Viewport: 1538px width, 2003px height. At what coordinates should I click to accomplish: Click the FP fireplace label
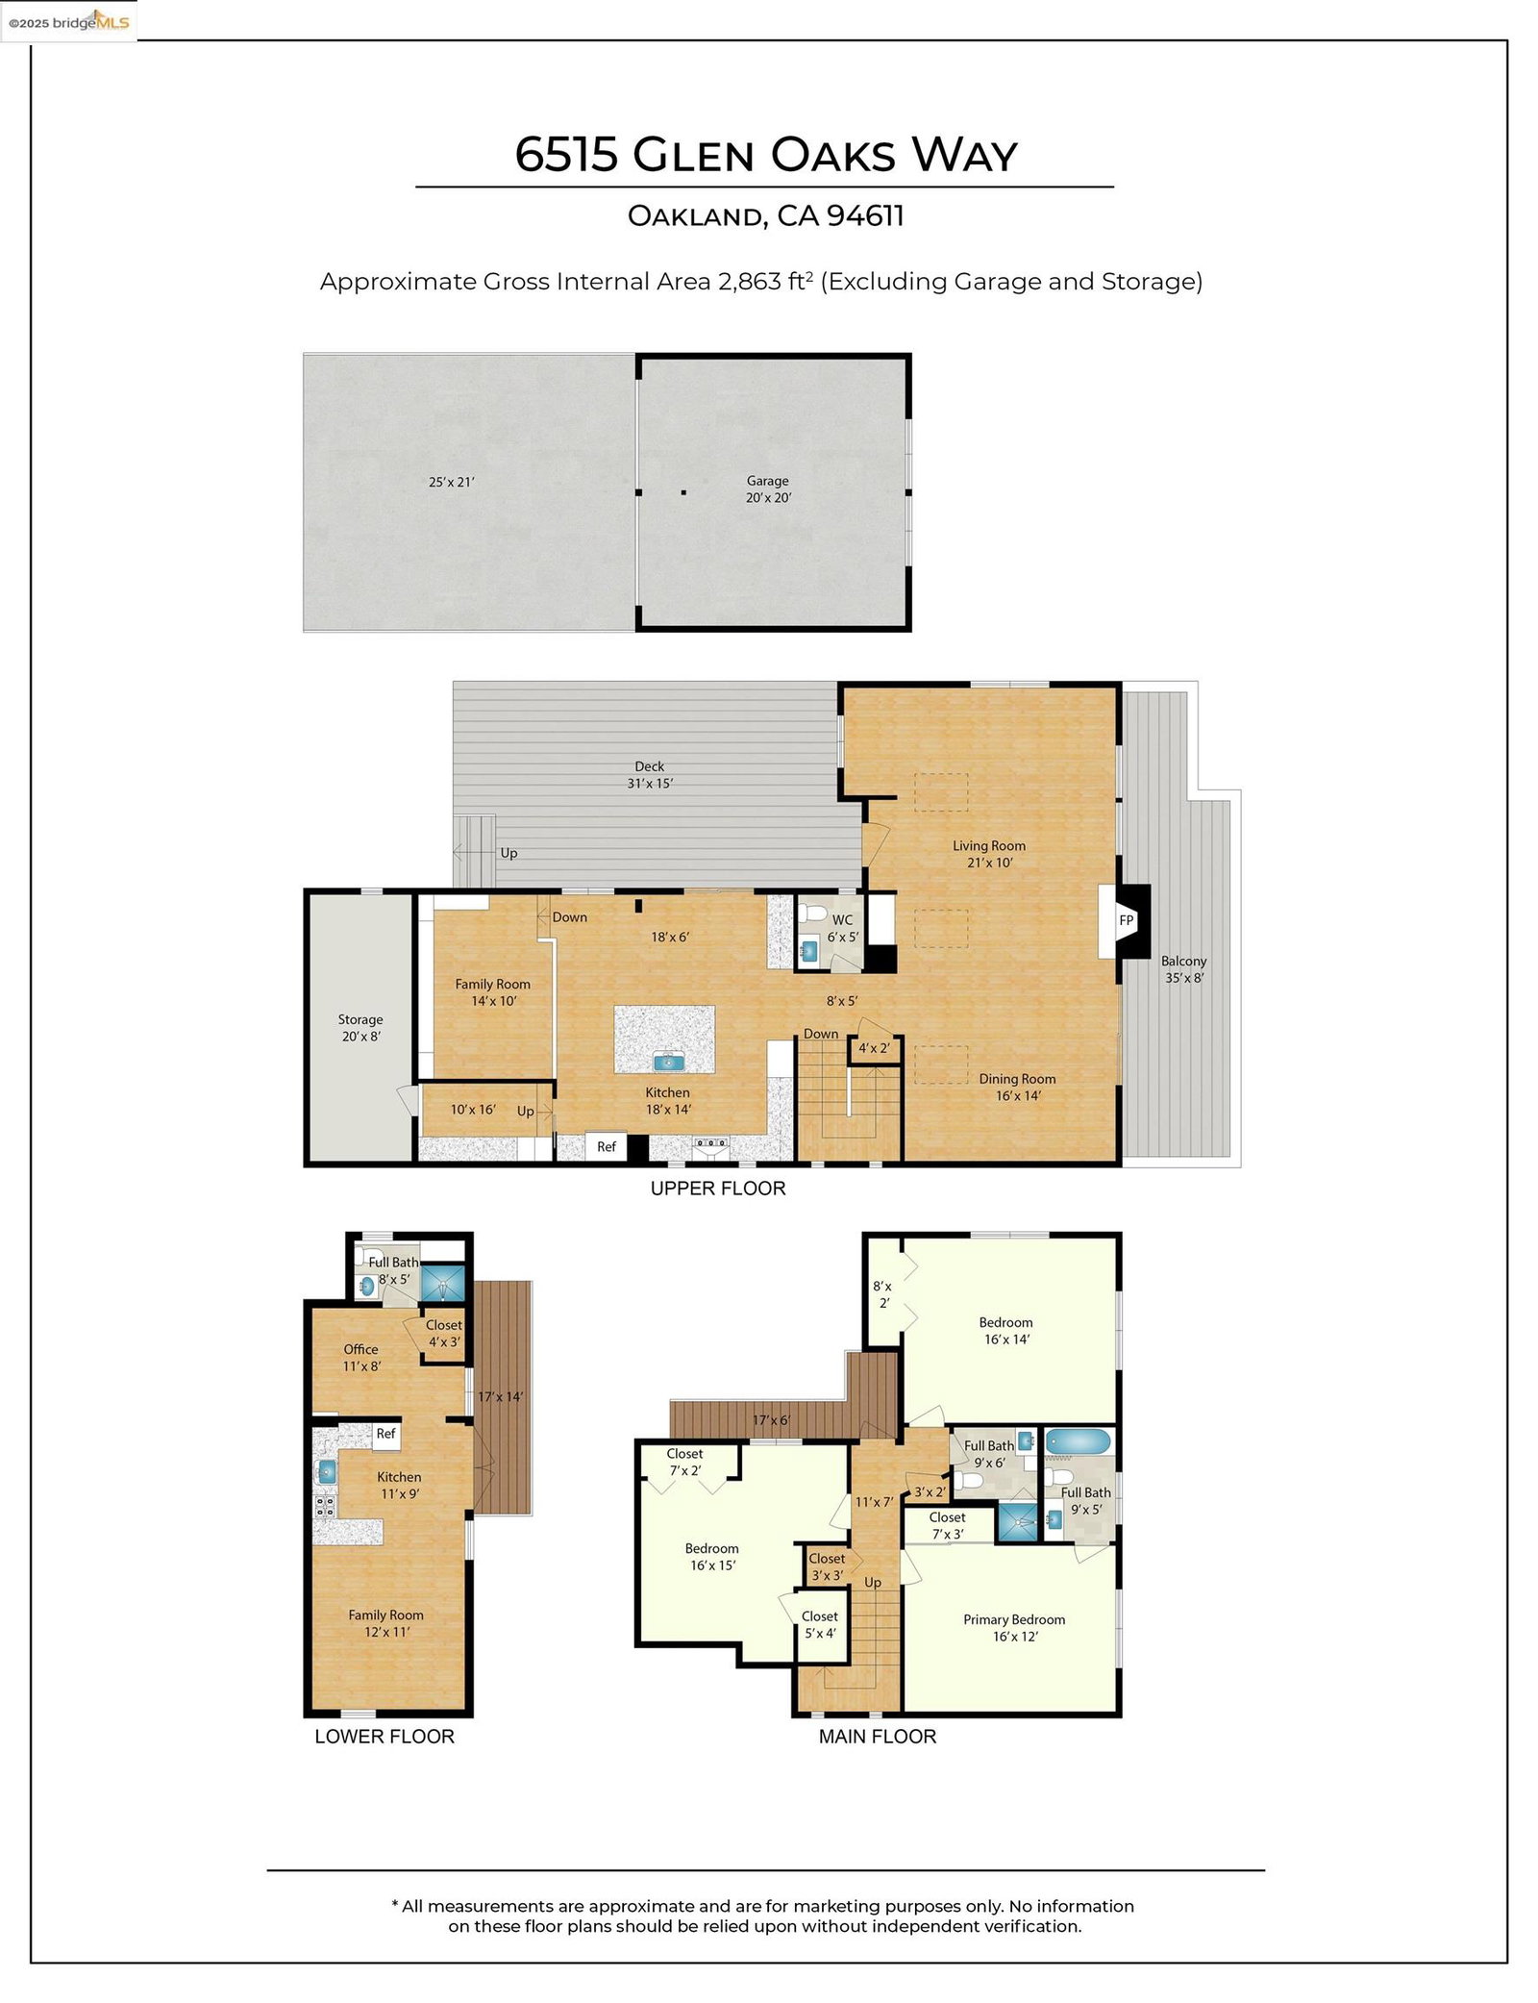[1126, 920]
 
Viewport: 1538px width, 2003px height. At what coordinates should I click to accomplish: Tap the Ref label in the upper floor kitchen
[606, 1146]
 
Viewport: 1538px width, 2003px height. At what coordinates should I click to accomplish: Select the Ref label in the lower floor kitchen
[385, 1433]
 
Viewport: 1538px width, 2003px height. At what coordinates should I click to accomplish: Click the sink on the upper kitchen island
[665, 1062]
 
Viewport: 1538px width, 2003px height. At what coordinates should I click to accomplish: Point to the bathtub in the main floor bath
[1078, 1440]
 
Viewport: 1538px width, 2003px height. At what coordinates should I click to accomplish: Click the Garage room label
[767, 481]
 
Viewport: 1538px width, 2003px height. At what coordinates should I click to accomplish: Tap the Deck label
[649, 766]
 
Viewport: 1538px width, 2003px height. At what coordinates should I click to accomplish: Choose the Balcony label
[1182, 961]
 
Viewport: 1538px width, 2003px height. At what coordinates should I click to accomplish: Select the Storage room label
[360, 1019]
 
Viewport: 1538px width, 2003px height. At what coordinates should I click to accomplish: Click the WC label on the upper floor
[842, 919]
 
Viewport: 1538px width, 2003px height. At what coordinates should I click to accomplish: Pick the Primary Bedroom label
[1013, 1619]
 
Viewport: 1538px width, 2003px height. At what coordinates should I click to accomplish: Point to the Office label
[360, 1349]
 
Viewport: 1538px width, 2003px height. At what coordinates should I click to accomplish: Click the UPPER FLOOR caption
[717, 1189]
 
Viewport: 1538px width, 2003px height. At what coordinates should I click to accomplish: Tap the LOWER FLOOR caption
[384, 1737]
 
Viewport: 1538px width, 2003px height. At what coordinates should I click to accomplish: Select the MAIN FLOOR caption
[877, 1737]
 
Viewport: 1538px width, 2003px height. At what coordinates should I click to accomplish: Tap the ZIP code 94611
[865, 215]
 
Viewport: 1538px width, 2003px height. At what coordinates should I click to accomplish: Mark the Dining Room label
[1017, 1079]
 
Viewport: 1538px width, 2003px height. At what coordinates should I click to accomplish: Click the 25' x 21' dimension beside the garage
[451, 482]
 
